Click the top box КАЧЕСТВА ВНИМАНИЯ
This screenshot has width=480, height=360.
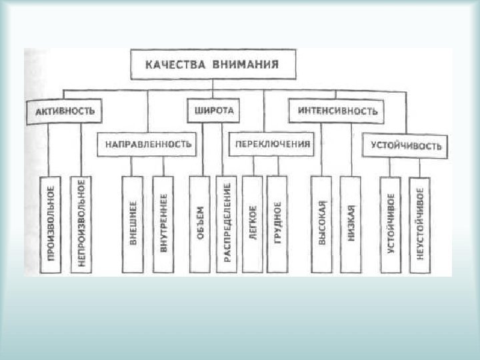coord(211,65)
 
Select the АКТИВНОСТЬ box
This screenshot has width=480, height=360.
coord(65,111)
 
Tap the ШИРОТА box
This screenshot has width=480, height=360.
coord(213,111)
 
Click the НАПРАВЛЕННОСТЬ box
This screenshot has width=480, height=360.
coord(147,144)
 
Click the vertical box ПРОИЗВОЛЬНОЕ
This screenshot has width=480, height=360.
coord(50,224)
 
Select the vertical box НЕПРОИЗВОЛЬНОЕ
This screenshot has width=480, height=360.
coord(81,224)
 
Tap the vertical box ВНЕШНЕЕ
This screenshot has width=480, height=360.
coord(133,224)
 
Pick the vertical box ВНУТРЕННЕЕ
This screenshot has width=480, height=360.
coord(163,224)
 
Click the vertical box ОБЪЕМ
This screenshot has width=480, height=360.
coord(199,224)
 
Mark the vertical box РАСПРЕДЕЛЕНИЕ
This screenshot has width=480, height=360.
coord(227,224)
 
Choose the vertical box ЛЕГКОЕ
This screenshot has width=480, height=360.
coord(252,224)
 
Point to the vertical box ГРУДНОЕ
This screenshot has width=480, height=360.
coord(277,224)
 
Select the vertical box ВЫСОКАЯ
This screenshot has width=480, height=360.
coord(321,224)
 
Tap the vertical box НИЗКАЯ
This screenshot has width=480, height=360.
coord(351,224)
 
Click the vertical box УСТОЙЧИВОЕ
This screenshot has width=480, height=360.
coord(391,224)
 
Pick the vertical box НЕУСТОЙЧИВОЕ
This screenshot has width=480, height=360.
coord(420,224)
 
